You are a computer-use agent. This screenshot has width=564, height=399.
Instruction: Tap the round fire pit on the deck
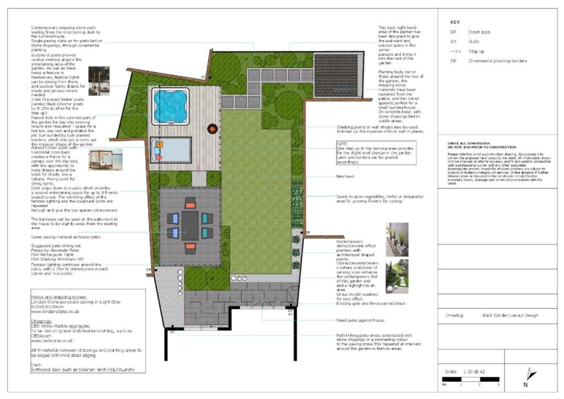pos(211,128)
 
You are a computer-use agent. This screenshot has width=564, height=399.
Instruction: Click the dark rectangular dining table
pos(190,225)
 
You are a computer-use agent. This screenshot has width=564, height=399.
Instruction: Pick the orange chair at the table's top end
pos(191,202)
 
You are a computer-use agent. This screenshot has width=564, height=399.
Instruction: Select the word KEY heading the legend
pos(455,23)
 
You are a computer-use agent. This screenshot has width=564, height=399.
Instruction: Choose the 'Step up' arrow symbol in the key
pos(454,51)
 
